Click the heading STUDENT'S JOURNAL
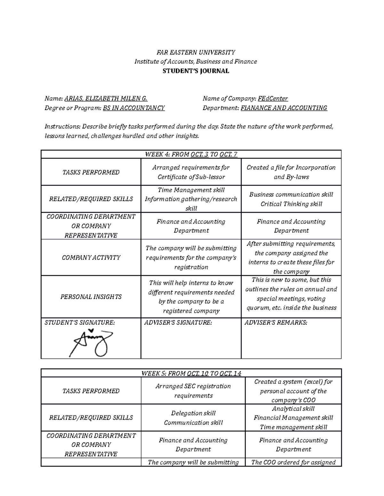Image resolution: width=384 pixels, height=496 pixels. [196, 71]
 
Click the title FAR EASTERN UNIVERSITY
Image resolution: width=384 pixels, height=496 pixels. [196, 52]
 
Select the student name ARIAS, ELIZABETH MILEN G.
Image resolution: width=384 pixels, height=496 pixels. [106, 99]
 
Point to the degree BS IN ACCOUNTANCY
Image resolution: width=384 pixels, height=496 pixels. [134, 108]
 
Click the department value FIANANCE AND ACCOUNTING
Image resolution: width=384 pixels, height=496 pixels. [284, 108]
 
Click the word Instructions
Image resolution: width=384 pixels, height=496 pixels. [58, 126]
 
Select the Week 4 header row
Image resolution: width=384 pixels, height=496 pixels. [191, 155]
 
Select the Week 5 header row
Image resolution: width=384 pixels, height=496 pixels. [191, 373]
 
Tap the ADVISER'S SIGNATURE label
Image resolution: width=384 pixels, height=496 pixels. [178, 323]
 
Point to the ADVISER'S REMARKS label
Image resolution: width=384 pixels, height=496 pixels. [276, 323]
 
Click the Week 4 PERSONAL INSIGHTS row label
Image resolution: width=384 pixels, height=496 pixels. [91, 297]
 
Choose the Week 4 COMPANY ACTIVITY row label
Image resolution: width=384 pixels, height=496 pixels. [91, 257]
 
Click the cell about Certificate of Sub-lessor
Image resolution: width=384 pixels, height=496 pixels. [191, 172]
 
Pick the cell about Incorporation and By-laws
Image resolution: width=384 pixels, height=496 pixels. [291, 172]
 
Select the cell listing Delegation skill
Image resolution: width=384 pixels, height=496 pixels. [193, 418]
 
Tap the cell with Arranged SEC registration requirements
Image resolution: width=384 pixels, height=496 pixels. [193, 391]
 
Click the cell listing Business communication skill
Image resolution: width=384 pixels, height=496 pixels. [291, 199]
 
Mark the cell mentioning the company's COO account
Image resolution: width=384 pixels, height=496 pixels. [293, 391]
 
